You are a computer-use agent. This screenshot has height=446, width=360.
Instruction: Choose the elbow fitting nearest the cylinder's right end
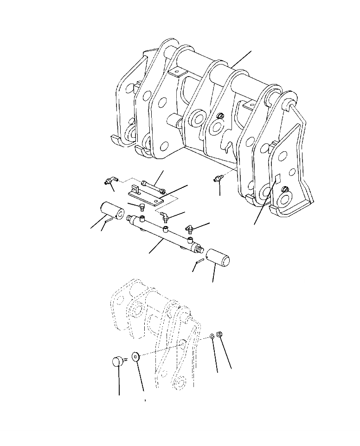[x=188, y=228]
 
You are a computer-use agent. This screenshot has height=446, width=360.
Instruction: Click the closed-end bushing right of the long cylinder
[x=219, y=258]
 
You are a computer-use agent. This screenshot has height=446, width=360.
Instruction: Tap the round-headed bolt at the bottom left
[x=118, y=360]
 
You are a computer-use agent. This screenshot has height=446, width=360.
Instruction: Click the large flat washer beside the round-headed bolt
[x=136, y=357]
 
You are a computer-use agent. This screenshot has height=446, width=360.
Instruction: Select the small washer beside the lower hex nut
[x=212, y=336]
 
